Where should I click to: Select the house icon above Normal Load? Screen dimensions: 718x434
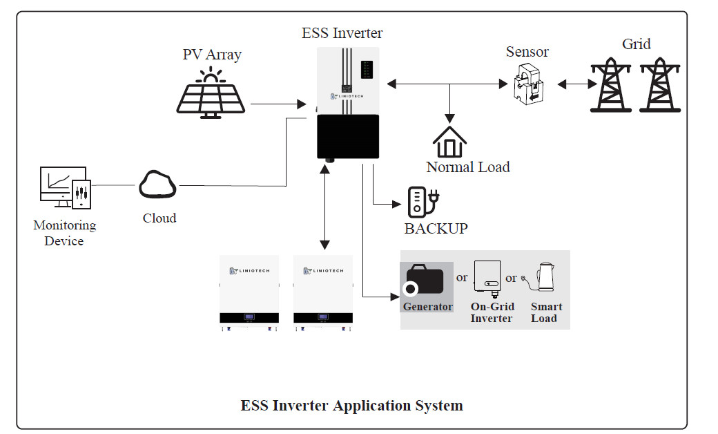click(449, 142)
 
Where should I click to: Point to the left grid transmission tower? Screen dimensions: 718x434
click(611, 85)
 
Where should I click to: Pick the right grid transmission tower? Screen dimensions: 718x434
click(660, 85)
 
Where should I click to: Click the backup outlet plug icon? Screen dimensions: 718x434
click(423, 202)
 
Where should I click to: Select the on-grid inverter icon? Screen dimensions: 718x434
click(487, 279)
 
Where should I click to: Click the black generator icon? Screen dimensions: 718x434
click(425, 280)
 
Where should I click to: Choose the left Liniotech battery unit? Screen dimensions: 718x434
click(249, 293)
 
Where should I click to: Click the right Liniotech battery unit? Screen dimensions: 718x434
click(323, 293)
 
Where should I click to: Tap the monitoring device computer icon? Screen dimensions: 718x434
click(66, 188)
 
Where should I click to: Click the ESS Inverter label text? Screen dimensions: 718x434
click(342, 33)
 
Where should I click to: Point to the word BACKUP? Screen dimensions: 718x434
click(436, 228)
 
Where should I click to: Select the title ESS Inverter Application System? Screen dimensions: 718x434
click(351, 405)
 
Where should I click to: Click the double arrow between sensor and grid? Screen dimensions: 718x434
click(577, 84)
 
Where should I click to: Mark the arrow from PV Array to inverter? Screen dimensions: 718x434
click(278, 104)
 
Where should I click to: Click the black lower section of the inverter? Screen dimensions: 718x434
click(348, 137)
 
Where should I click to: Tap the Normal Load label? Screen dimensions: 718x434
click(468, 167)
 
